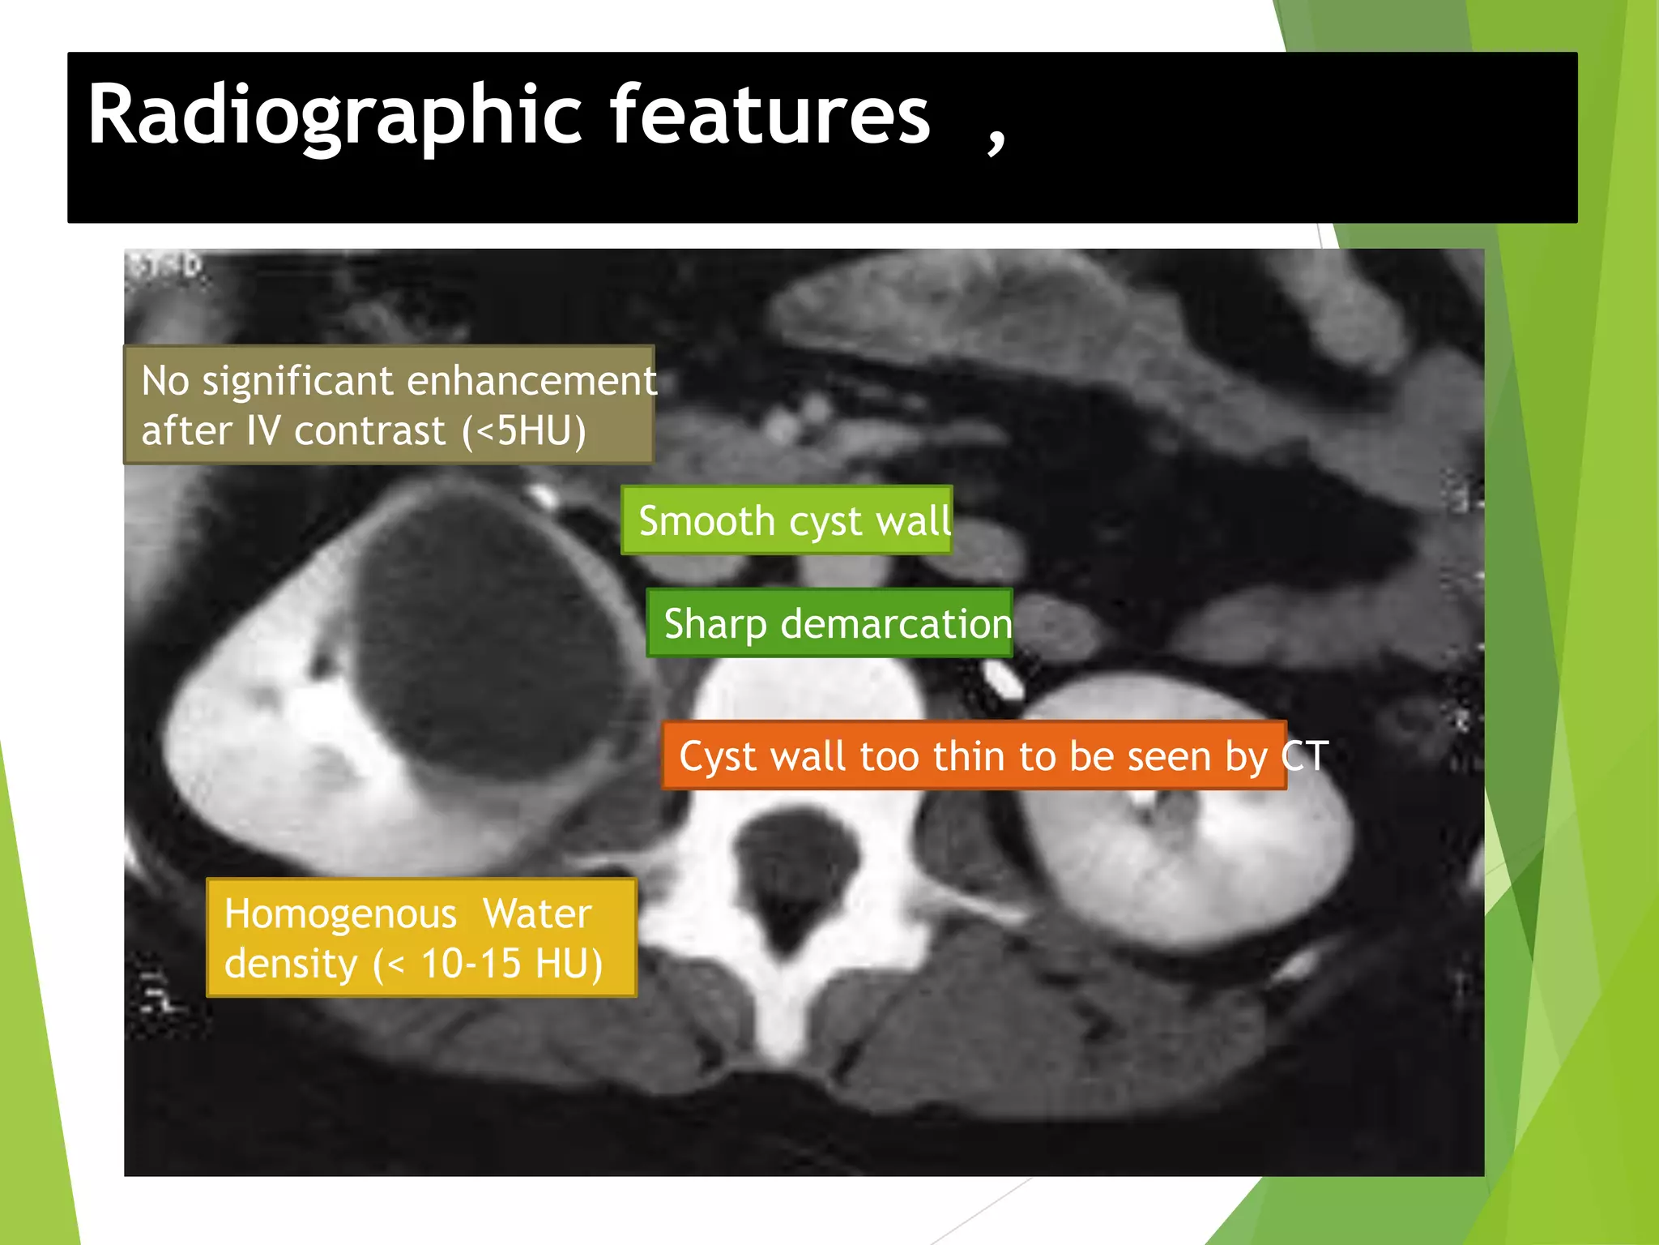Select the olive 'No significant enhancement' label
pyautogui.click(x=388, y=404)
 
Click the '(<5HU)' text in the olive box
pyautogui.click(x=524, y=430)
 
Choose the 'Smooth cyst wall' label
pyautogui.click(x=787, y=520)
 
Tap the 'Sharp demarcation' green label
pyautogui.click(x=829, y=623)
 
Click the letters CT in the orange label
pyautogui.click(x=1305, y=755)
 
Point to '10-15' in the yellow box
pyautogui.click(x=471, y=964)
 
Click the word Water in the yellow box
pyautogui.click(x=537, y=913)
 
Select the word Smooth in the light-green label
pyautogui.click(x=706, y=520)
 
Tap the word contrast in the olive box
pyautogui.click(x=369, y=430)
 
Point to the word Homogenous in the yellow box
pyautogui.click(x=340, y=913)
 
